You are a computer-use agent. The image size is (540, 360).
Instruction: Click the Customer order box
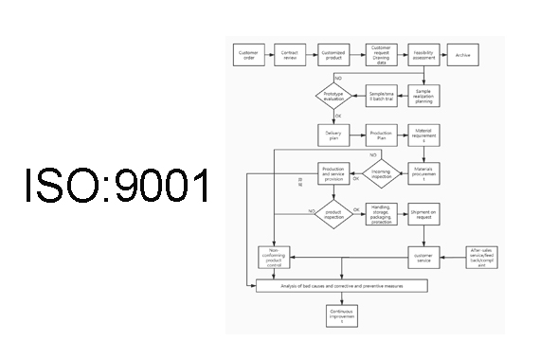(x=248, y=54)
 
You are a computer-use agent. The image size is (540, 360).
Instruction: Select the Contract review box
(x=290, y=54)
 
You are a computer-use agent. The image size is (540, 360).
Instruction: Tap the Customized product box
(x=333, y=54)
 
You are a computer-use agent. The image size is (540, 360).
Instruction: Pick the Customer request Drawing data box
(x=380, y=54)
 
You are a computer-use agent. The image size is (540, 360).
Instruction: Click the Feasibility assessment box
(x=423, y=54)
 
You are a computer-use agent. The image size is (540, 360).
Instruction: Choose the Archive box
(x=463, y=54)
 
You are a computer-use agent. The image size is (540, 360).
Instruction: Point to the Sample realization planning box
(x=423, y=96)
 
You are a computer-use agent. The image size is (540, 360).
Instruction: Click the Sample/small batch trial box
(x=380, y=96)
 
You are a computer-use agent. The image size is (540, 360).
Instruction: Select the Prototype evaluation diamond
(x=333, y=96)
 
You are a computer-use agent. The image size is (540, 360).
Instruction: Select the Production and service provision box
(x=333, y=174)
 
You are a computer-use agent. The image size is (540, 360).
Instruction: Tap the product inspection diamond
(x=333, y=214)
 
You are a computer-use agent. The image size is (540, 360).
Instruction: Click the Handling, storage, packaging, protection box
(x=380, y=214)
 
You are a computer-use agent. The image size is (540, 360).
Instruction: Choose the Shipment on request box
(x=423, y=214)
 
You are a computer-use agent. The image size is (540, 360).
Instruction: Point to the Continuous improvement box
(x=342, y=315)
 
